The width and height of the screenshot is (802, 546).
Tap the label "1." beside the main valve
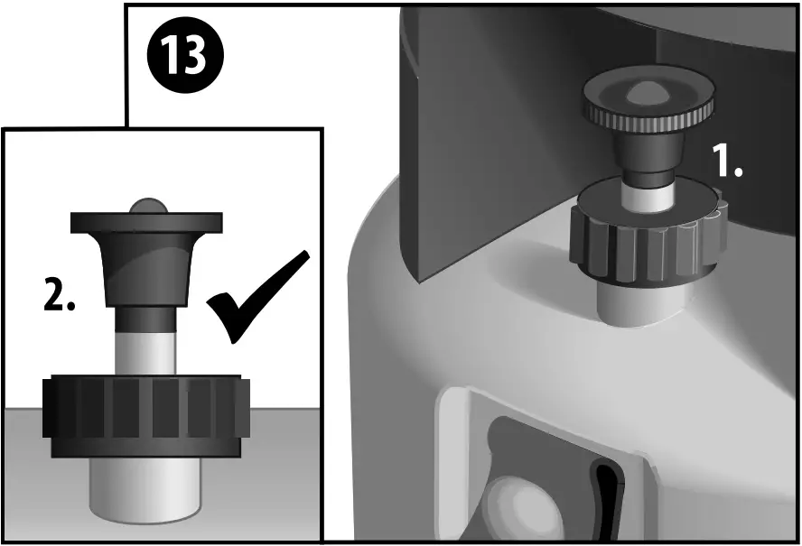[726, 162]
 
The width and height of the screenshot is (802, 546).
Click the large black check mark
[256, 298]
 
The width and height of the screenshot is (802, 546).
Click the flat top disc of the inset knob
[146, 222]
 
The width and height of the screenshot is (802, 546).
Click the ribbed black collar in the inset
[145, 413]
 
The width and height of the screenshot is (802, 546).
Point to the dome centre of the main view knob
[649, 91]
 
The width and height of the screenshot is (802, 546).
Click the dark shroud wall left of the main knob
[488, 135]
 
